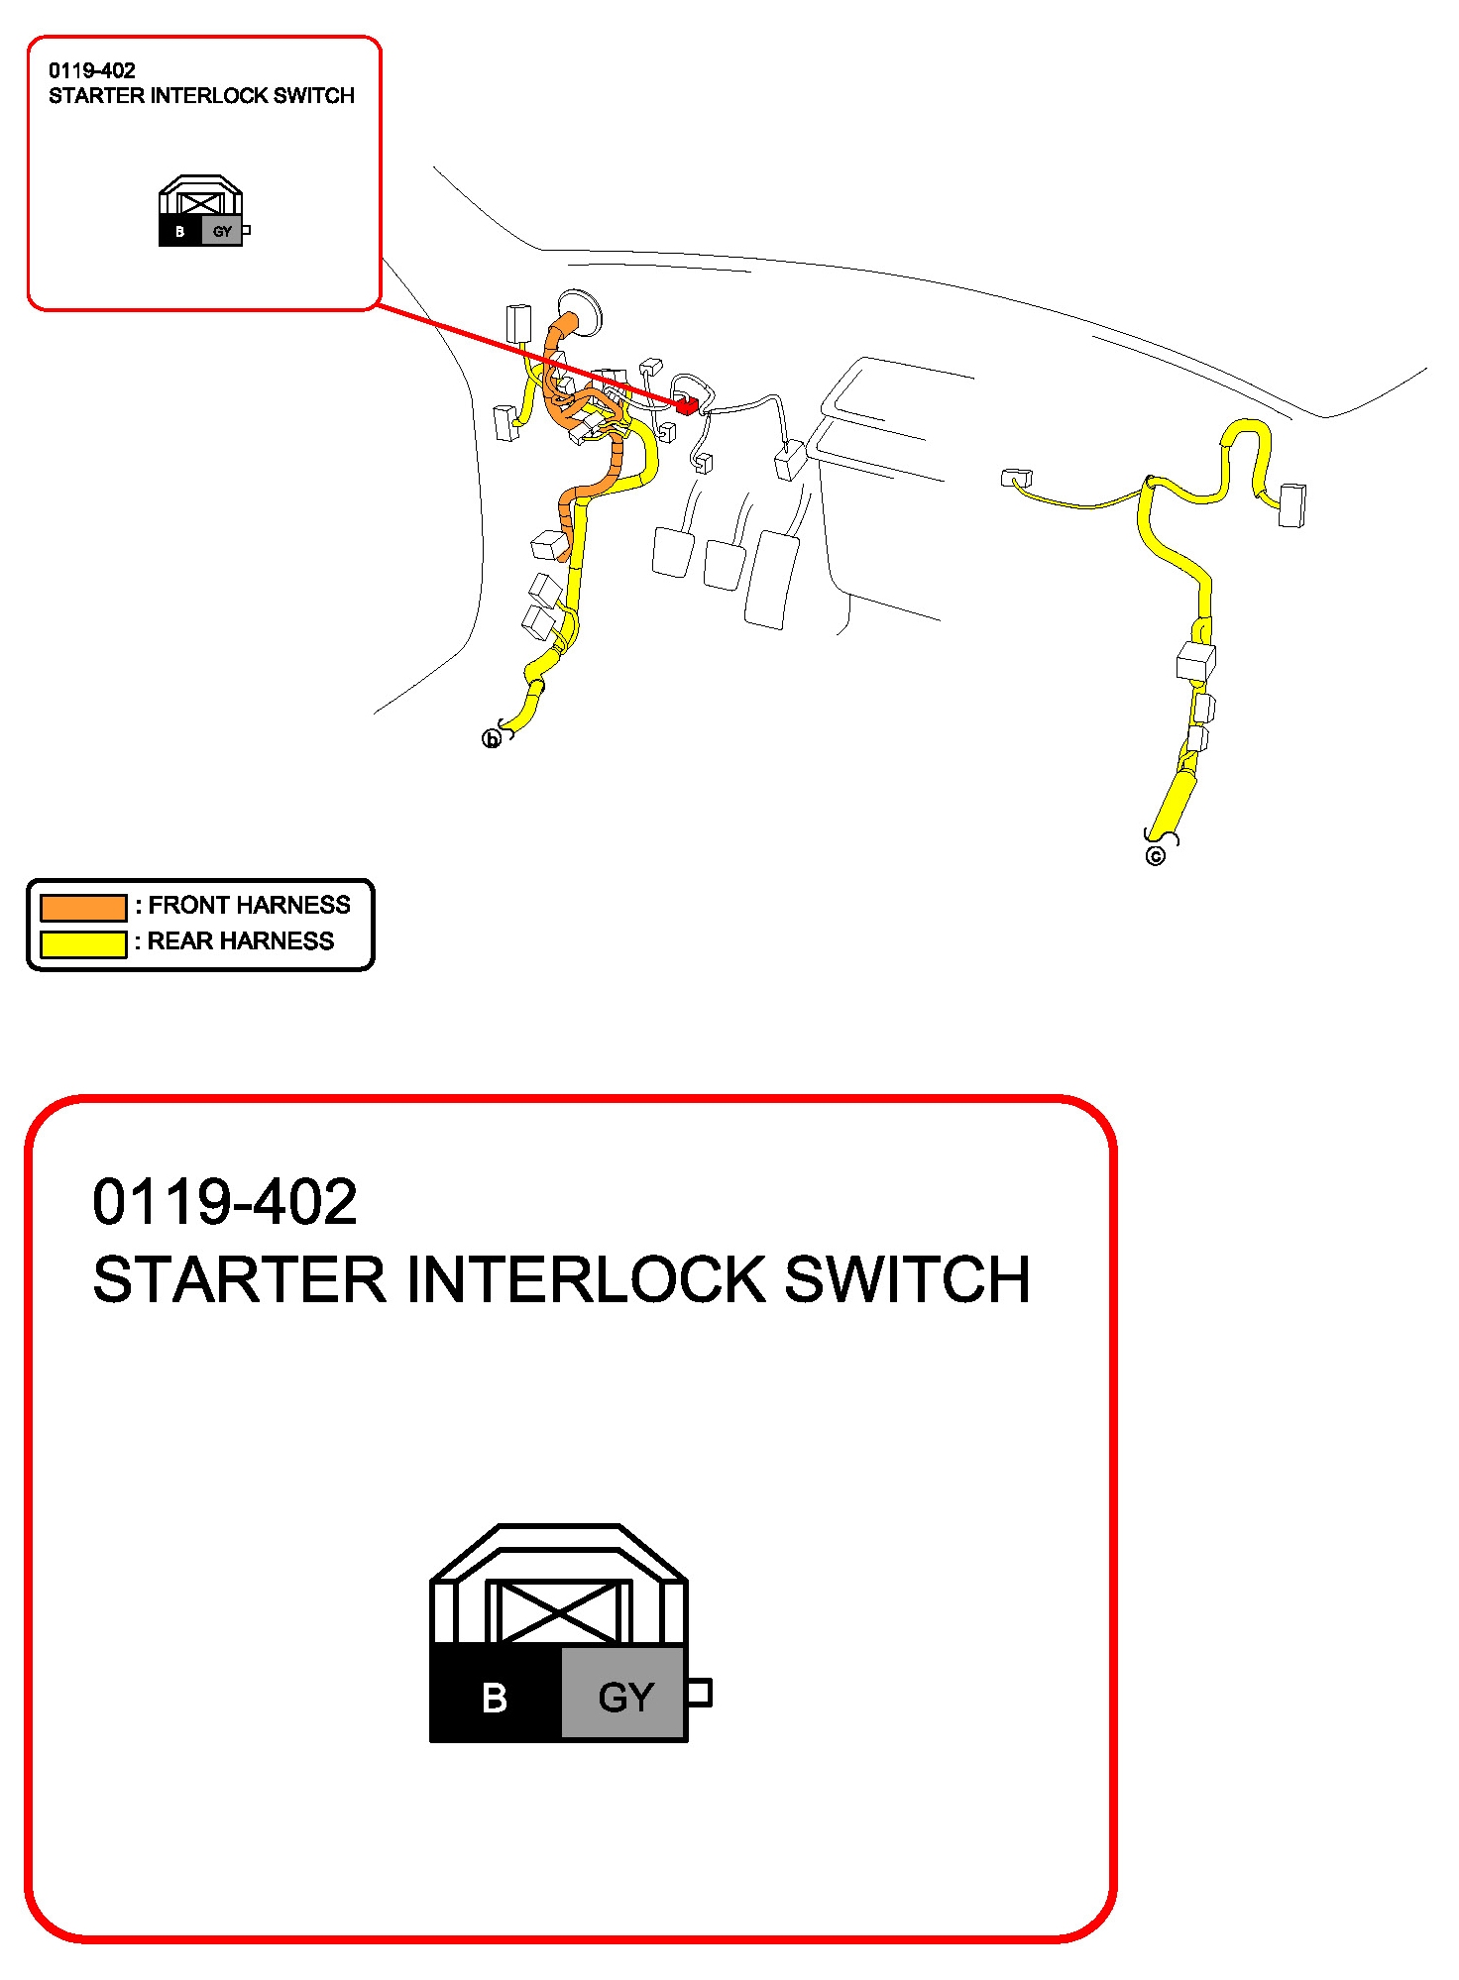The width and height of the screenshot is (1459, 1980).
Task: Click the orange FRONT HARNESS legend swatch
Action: [83, 907]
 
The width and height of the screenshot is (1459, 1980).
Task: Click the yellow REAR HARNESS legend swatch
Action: [83, 943]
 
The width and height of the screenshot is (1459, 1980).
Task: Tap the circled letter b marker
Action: [491, 739]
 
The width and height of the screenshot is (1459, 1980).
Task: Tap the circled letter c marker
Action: [1155, 856]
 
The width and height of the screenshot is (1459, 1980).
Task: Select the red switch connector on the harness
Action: [686, 404]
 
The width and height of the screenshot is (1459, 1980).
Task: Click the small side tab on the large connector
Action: [700, 1693]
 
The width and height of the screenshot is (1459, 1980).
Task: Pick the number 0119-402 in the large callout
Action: [225, 1202]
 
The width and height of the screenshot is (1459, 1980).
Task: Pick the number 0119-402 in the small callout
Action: [92, 70]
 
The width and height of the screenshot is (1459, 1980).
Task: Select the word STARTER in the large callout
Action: [239, 1279]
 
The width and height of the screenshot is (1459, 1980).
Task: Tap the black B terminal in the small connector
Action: [179, 232]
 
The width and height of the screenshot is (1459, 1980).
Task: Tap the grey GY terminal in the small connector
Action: [222, 232]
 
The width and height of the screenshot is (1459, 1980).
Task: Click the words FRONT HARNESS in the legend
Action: [250, 905]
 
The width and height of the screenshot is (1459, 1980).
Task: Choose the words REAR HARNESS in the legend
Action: [241, 941]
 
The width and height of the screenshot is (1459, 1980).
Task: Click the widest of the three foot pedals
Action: [772, 580]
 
